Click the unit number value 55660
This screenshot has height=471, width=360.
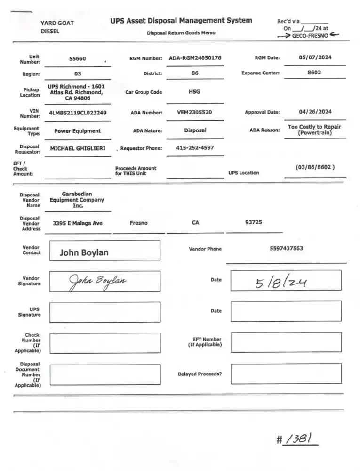click(78, 59)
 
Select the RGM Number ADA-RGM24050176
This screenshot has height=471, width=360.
click(195, 58)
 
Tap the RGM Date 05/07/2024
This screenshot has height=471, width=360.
click(315, 57)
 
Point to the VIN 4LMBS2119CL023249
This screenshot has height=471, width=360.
click(78, 113)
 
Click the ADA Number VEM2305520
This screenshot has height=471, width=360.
click(194, 112)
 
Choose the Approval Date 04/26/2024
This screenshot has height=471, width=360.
click(315, 112)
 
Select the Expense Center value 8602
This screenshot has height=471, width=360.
click(314, 73)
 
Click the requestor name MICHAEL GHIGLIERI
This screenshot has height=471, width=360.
click(78, 148)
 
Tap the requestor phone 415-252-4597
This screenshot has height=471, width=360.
click(195, 147)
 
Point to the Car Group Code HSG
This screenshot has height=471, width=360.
click(194, 92)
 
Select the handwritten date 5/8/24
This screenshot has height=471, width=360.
click(281, 282)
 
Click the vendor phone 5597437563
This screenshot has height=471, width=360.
click(286, 248)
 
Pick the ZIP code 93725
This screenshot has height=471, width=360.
click(254, 222)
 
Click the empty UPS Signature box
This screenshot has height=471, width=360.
click(104, 312)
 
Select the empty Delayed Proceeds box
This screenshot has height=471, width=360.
click(286, 374)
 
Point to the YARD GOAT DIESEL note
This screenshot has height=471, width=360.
click(57, 27)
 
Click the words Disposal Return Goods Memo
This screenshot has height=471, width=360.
click(181, 33)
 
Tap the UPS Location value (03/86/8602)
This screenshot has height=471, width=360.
click(315, 167)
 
